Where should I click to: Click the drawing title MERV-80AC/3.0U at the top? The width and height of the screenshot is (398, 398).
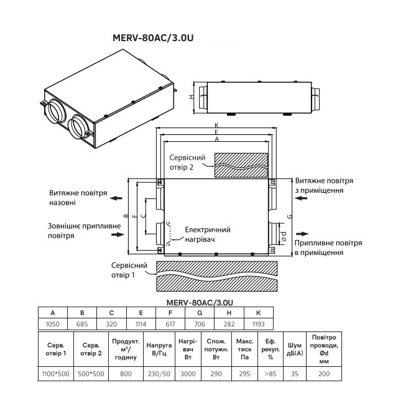(x=153, y=38)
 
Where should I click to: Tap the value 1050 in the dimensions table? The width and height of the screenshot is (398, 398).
(x=52, y=324)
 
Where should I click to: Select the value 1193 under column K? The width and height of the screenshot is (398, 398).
(x=259, y=324)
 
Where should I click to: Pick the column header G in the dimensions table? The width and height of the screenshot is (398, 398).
(x=200, y=313)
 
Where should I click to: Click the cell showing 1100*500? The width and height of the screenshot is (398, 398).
(x=55, y=374)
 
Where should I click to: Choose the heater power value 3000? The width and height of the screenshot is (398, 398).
(x=188, y=374)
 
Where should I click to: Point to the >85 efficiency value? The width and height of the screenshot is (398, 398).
(x=271, y=374)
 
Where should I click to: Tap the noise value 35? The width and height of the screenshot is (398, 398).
(x=294, y=374)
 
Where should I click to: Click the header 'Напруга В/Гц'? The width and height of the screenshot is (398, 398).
(x=159, y=349)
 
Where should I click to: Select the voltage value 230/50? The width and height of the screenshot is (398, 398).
(x=159, y=374)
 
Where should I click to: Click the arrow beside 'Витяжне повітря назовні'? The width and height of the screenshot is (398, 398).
(x=116, y=198)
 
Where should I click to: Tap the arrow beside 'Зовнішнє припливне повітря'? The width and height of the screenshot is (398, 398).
(x=118, y=234)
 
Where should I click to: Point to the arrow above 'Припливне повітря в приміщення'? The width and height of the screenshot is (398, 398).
(x=302, y=234)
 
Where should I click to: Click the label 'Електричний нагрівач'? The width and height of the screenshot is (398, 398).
(x=208, y=234)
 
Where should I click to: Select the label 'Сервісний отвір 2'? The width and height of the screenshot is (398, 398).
(x=187, y=162)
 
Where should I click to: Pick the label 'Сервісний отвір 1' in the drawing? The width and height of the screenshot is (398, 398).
(x=129, y=270)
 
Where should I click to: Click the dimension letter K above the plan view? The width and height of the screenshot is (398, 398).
(x=216, y=125)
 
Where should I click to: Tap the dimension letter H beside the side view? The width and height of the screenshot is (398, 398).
(x=192, y=97)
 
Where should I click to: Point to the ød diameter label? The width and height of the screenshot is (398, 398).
(x=284, y=236)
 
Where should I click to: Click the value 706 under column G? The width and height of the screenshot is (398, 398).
(x=200, y=324)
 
